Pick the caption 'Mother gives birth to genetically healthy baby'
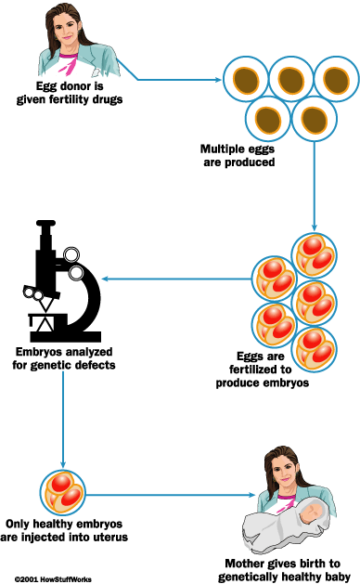pos(293,570)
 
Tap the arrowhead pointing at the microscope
pos(107,278)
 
